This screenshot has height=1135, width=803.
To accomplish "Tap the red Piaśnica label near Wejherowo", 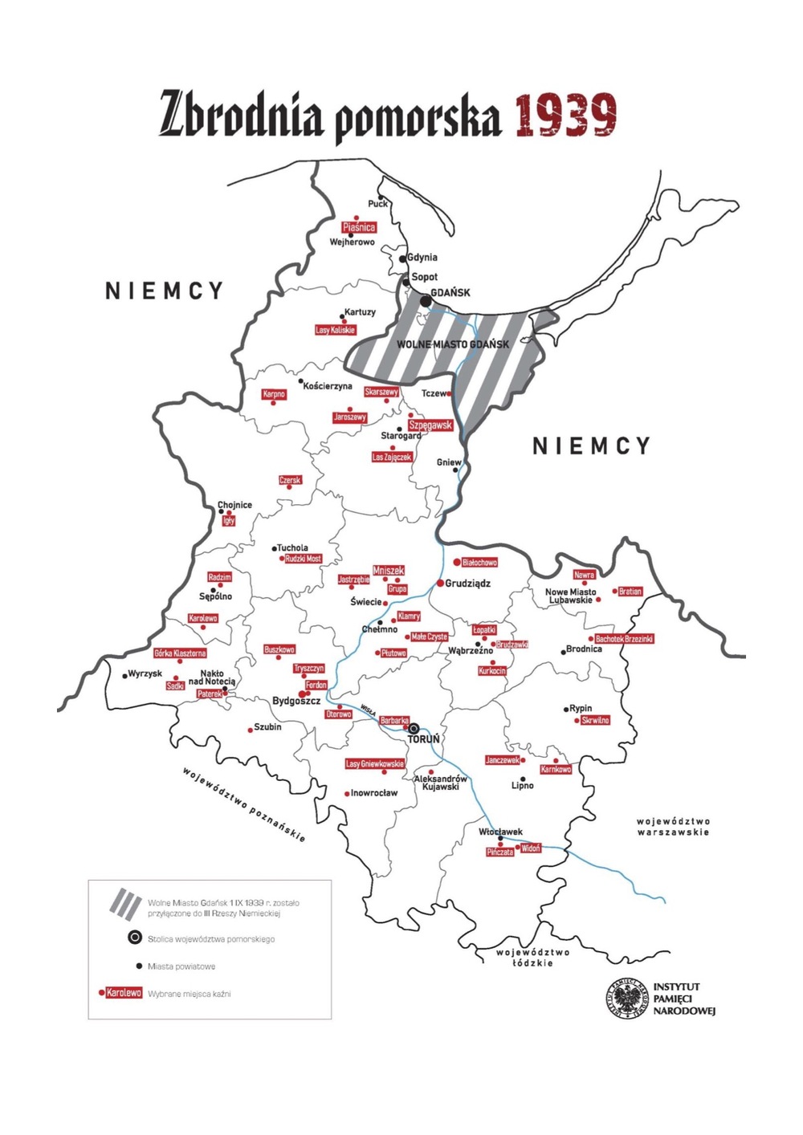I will tap(359, 227).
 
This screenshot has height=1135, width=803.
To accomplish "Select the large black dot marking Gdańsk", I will tap(426, 300).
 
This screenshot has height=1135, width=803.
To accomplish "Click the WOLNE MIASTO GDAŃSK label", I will tap(453, 344).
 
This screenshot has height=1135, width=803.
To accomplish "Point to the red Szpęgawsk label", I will tap(430, 425).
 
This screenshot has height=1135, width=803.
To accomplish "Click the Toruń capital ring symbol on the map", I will tap(414, 730).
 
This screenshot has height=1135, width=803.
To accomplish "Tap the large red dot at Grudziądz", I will tap(440, 583).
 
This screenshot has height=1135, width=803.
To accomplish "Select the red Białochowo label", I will tap(479, 563).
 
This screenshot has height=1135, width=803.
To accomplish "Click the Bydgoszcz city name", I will tap(296, 701).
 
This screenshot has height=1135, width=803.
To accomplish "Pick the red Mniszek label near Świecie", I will tap(389, 570).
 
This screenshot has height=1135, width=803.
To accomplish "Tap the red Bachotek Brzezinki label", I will tap(624, 639).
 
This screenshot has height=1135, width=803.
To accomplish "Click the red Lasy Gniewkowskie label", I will tap(375, 763).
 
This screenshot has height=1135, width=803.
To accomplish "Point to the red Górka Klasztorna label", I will tap(180, 653).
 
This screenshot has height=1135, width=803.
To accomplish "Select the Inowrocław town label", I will tap(374, 793).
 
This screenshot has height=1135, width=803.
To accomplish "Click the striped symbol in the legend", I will tap(125, 903).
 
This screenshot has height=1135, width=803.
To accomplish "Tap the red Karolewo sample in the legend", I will tap(124, 993).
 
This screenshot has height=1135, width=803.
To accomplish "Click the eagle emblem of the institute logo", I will tap(626, 999).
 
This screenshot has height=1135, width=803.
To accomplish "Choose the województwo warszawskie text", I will tap(673, 827).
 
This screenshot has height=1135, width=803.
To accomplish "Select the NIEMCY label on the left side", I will tap(165, 291).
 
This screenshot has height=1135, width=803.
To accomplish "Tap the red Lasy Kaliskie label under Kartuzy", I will tap(335, 330).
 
